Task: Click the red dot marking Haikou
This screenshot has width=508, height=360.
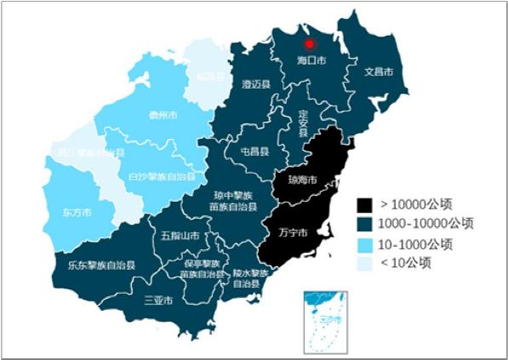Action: tap(310, 44)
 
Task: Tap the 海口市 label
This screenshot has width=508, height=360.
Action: tap(311, 61)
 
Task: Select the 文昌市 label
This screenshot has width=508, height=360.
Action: tap(378, 72)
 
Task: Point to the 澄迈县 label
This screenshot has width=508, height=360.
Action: tap(255, 84)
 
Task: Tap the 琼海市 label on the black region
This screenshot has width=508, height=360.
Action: tap(302, 180)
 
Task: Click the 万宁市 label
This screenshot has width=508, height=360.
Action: tap(293, 231)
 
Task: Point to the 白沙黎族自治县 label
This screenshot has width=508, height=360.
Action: tap(162, 178)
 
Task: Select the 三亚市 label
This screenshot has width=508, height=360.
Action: tap(159, 300)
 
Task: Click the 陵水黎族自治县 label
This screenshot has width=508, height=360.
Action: tap(251, 278)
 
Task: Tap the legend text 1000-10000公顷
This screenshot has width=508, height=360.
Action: tap(425, 224)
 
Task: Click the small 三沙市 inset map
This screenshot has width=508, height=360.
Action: tap(327, 318)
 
